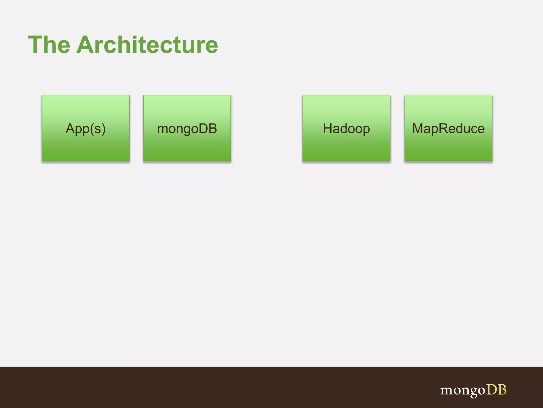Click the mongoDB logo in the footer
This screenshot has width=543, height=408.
coord(473,390)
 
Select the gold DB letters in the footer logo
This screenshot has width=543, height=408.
coord(496,390)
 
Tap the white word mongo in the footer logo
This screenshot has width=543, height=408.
coord(463,390)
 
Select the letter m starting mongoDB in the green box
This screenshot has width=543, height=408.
coord(163,129)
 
